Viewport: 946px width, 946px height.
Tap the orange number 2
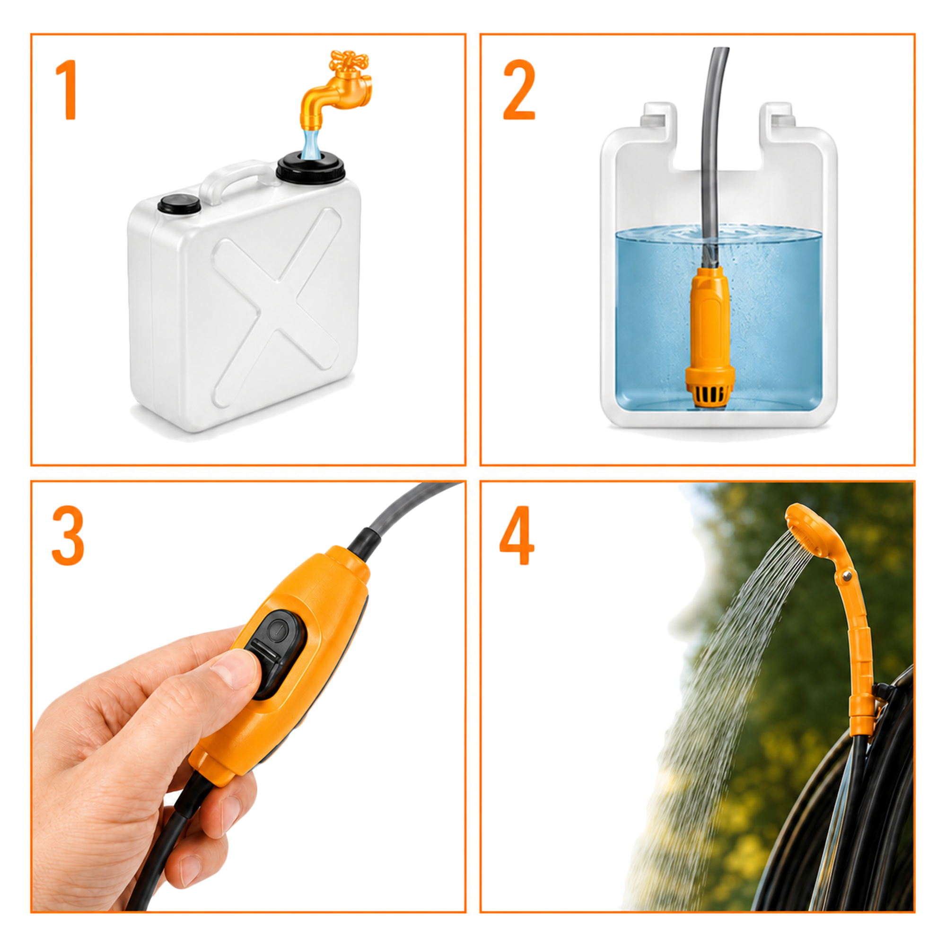519,89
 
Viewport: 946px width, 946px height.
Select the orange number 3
68,536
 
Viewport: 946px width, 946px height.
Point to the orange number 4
517,536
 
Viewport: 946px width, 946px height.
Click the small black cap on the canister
179,203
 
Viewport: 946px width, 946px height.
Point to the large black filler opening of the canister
310,169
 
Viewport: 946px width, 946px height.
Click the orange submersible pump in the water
710,338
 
